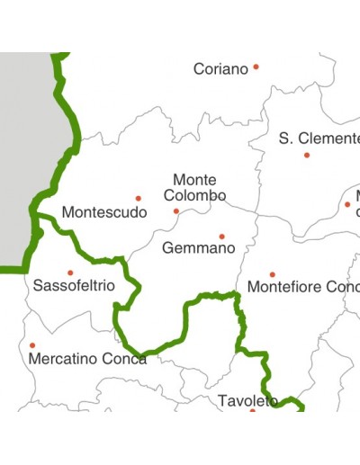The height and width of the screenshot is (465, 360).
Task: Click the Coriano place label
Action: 220,69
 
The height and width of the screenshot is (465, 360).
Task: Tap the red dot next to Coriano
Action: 256,67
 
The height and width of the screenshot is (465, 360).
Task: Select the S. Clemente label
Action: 319,139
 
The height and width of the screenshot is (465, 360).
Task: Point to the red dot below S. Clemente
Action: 307,155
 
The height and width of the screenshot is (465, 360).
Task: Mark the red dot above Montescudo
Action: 138,198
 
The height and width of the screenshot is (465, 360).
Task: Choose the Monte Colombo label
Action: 194,188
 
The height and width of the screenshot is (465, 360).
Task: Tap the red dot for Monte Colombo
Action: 176,211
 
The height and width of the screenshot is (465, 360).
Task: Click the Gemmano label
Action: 193,247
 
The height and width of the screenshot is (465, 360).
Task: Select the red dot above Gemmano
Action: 221,237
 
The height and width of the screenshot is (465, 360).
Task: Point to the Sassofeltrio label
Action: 74,286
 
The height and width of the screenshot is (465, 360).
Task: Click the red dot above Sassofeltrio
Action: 69,273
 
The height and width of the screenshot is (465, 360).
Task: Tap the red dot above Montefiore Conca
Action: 272,274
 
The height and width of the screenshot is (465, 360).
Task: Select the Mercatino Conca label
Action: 87,359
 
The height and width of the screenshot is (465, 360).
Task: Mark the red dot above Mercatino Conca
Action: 32,344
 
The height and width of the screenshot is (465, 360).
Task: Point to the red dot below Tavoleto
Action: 253,410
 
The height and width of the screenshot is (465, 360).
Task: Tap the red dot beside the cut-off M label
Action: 347,204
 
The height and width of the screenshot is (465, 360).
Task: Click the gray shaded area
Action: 22,162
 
